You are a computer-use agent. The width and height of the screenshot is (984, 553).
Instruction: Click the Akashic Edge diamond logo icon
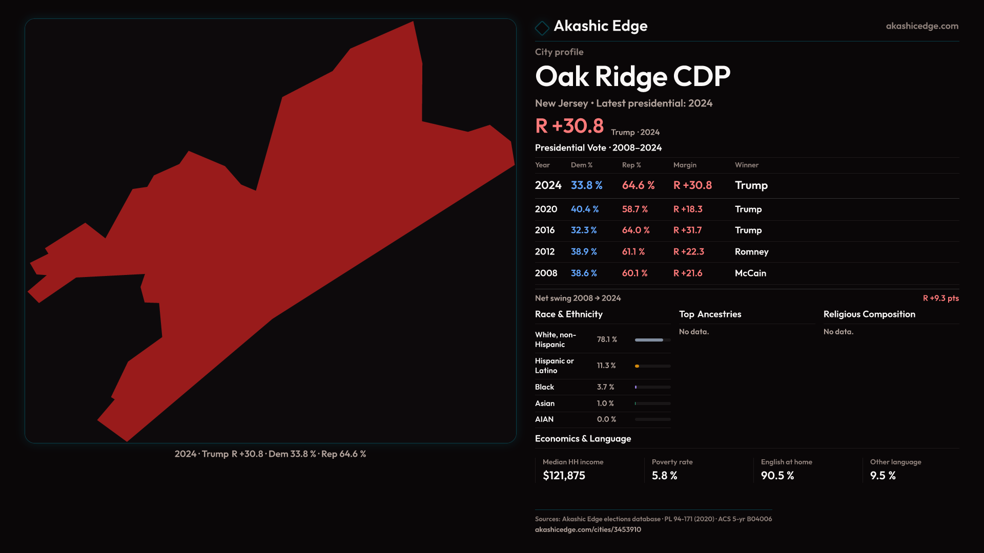pyautogui.click(x=542, y=28)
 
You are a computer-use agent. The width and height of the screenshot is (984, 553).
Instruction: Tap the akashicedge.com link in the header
pyautogui.click(x=921, y=26)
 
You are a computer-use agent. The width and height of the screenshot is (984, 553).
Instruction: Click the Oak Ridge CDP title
pyautogui.click(x=632, y=77)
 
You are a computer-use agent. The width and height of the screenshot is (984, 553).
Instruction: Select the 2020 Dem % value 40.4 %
pyautogui.click(x=584, y=209)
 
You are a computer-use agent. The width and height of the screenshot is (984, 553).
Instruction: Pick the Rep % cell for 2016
pyautogui.click(x=635, y=230)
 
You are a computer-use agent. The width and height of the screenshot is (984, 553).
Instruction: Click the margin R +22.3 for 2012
pyautogui.click(x=688, y=252)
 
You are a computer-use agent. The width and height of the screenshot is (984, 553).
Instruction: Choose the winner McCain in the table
pyautogui.click(x=750, y=273)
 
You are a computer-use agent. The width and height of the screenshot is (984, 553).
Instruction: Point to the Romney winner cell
pyautogui.click(x=751, y=252)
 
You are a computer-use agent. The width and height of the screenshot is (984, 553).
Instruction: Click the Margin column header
pyautogui.click(x=685, y=165)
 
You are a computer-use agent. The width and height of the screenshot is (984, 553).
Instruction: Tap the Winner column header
pyautogui.click(x=746, y=165)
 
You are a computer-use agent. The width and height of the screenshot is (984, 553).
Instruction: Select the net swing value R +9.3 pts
pyautogui.click(x=940, y=299)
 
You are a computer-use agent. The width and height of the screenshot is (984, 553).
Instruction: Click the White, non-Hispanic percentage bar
pyautogui.click(x=652, y=340)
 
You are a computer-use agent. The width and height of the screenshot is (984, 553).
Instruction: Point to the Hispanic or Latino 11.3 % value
pyautogui.click(x=606, y=366)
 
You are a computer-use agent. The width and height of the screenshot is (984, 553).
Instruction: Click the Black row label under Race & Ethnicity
pyautogui.click(x=544, y=387)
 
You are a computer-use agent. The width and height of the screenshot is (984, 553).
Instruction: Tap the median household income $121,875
pyautogui.click(x=564, y=476)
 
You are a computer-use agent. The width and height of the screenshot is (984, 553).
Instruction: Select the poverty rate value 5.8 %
pyautogui.click(x=664, y=476)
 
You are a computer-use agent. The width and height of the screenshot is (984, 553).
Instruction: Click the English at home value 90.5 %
pyautogui.click(x=777, y=476)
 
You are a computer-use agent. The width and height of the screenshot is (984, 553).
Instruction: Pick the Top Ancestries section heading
pyautogui.click(x=710, y=314)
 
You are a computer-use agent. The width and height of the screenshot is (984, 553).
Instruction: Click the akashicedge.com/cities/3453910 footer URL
pyautogui.click(x=588, y=530)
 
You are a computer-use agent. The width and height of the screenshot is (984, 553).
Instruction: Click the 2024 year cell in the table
pyautogui.click(x=548, y=185)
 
